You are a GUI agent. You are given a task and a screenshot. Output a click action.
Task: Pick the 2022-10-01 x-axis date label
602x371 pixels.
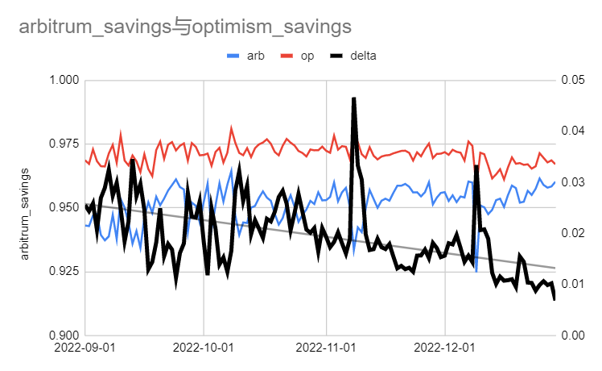pyautogui.click(x=204, y=351)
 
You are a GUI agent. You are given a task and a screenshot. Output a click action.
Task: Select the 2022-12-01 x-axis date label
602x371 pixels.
pyautogui.click(x=445, y=351)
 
